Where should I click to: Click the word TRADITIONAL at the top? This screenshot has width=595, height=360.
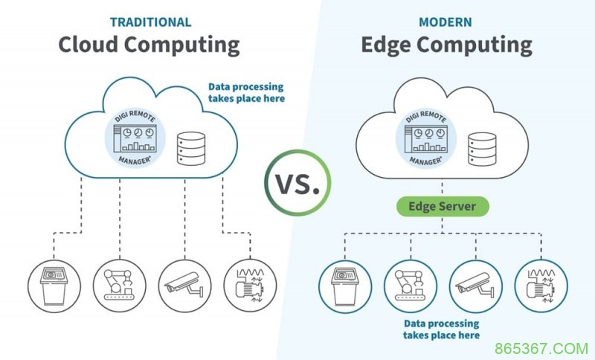(x=151, y=22)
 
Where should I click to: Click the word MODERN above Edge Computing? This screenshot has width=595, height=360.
(x=445, y=22)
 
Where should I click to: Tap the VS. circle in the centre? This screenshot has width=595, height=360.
(x=298, y=183)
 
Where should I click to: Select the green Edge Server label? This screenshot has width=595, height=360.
(x=443, y=206)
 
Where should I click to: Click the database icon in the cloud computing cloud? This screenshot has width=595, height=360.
(x=191, y=148)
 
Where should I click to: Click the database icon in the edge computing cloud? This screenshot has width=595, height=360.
(x=482, y=149)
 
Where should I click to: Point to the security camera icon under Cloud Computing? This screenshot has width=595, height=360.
(x=184, y=286)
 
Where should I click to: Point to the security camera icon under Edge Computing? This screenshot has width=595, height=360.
(x=476, y=286)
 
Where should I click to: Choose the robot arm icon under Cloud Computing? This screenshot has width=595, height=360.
(x=120, y=286)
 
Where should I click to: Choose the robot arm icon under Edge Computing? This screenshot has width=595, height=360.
(x=411, y=286)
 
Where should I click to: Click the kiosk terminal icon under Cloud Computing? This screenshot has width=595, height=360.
(x=54, y=286)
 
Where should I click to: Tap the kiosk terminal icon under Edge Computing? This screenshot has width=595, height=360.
(x=345, y=286)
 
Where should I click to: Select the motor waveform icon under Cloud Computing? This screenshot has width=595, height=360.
(x=250, y=286)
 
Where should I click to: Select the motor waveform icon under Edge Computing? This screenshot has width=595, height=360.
(x=541, y=286)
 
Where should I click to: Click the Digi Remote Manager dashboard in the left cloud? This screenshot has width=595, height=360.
(x=135, y=138)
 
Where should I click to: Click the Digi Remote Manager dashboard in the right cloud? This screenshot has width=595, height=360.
(x=425, y=138)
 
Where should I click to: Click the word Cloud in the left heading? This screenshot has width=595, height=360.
(x=89, y=45)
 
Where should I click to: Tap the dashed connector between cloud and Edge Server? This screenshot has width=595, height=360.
(x=442, y=187)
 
